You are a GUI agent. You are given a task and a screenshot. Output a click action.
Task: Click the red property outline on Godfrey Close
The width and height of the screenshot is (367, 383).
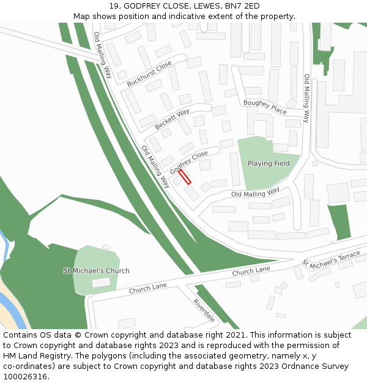185,176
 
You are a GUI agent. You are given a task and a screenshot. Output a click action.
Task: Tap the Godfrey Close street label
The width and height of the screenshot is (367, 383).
188,161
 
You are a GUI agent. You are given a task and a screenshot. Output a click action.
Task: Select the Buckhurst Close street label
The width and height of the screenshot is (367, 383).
149,74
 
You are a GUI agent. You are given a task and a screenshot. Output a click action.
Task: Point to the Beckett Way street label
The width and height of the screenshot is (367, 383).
172,118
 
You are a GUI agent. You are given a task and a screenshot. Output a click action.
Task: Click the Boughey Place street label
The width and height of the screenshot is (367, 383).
265,107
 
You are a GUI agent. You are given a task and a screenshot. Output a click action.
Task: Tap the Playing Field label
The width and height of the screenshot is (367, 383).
269,164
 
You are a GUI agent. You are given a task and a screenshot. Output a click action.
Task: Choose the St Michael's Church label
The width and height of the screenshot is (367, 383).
97,271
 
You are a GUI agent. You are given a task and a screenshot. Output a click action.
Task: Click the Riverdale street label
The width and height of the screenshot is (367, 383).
204,311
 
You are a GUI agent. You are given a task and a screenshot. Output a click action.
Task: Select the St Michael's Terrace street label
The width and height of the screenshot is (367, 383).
331,260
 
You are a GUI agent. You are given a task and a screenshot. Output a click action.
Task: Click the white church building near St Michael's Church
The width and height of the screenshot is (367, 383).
102,283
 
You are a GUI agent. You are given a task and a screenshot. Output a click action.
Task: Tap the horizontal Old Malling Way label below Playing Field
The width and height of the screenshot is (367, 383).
255,193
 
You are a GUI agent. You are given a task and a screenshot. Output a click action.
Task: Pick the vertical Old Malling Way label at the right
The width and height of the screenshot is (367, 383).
307,99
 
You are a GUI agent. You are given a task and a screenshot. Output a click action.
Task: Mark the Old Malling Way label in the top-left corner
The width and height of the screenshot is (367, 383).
103,55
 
